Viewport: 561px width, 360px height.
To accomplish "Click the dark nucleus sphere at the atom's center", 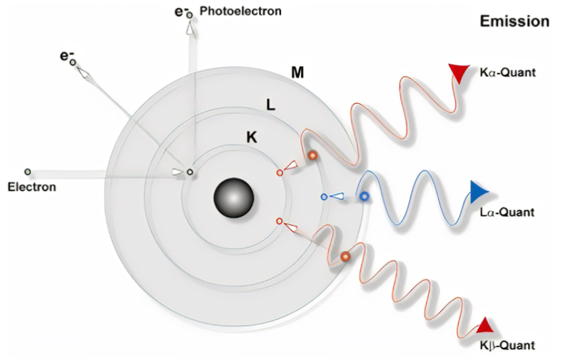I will pyautogui.click(x=234, y=197).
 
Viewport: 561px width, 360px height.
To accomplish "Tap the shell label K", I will pyautogui.click(x=251, y=137).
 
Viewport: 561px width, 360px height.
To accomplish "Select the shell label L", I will pyautogui.click(x=270, y=105).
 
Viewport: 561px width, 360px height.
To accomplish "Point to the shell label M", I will pyautogui.click(x=296, y=72).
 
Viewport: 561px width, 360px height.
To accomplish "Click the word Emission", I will pyautogui.click(x=514, y=22).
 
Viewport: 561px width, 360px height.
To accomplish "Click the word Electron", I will pyautogui.click(x=32, y=186).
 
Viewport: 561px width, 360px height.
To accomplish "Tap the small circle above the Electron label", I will pyautogui.click(x=28, y=172).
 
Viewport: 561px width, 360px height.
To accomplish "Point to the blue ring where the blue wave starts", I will pyautogui.click(x=364, y=197).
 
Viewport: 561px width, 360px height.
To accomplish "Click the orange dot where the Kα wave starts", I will pyautogui.click(x=313, y=155).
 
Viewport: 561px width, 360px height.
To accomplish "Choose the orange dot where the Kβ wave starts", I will pyautogui.click(x=345, y=257).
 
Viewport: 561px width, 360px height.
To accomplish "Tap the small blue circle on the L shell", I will pyautogui.click(x=324, y=197).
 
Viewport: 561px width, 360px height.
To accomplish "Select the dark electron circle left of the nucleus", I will pyautogui.click(x=190, y=173).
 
